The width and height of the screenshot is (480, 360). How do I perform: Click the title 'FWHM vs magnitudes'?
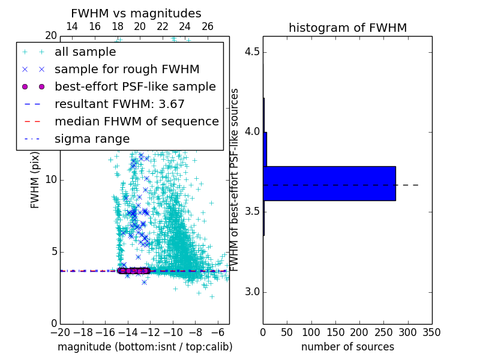tap(136, 14)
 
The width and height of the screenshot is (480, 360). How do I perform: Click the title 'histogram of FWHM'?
tap(347, 28)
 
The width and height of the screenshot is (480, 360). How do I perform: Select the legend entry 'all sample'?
tap(85, 52)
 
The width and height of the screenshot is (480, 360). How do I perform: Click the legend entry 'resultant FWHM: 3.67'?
tap(119, 104)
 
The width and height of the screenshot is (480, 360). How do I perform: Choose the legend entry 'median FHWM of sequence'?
tap(136, 121)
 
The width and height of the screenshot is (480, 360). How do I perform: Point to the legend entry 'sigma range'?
tap(92, 139)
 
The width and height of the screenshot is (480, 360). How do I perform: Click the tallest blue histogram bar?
tap(329, 183)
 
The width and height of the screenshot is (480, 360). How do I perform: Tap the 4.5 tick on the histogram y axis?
tap(252, 52)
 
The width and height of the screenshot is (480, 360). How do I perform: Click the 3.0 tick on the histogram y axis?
tap(252, 292)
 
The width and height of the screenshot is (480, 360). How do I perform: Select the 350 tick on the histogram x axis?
tap(432, 332)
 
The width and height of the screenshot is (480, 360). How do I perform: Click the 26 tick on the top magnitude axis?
tap(208, 26)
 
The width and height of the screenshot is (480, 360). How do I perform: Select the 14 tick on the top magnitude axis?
tap(71, 26)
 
